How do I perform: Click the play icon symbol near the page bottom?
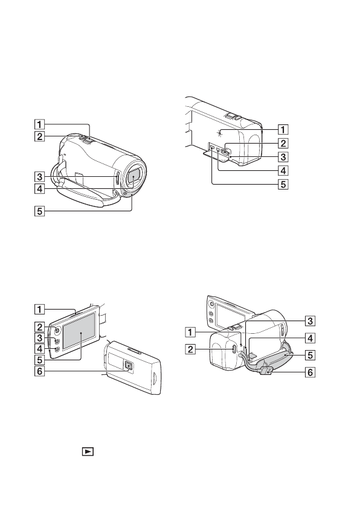(88, 451)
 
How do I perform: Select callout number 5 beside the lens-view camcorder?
(39, 212)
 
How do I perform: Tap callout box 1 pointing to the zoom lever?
(39, 124)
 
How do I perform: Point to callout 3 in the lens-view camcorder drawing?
(39, 177)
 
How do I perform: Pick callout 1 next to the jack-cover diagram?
(283, 130)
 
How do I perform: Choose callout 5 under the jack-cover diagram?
(283, 184)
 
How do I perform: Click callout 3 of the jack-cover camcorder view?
(283, 157)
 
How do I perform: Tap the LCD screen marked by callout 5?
(80, 331)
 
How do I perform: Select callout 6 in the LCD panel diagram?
(39, 371)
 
